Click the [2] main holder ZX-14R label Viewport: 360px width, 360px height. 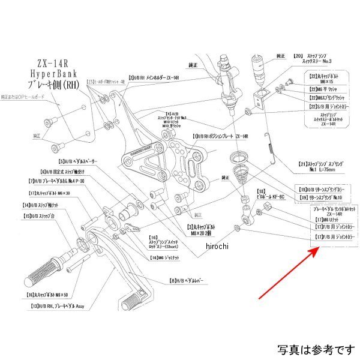[x=153, y=78]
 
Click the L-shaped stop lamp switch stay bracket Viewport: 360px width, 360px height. [x=260, y=96]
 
